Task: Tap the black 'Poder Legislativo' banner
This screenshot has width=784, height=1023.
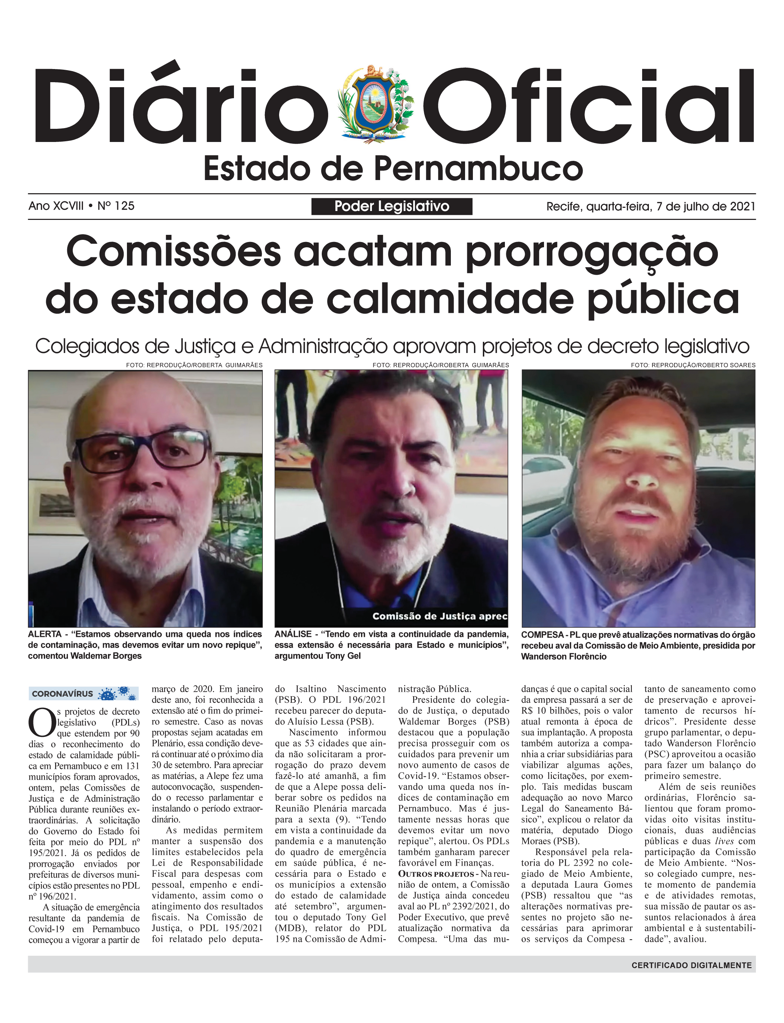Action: [391, 206]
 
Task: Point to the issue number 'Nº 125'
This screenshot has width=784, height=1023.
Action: [116, 206]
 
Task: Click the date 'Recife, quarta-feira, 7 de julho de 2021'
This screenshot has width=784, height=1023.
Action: [651, 206]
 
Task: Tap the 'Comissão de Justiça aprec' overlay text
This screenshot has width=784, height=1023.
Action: [439, 616]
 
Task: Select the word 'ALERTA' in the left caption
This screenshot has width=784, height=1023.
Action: [45, 634]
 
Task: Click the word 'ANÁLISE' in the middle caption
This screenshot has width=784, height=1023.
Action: [293, 634]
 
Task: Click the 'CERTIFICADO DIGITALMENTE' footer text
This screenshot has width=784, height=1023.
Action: [691, 965]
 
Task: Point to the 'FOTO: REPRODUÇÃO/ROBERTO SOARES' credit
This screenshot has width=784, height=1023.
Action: [693, 365]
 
